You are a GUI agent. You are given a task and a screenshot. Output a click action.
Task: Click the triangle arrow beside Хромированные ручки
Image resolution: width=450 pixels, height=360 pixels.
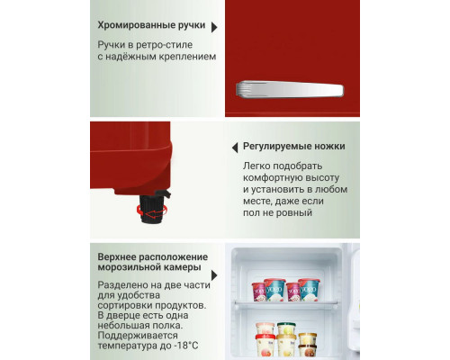tap(214, 28)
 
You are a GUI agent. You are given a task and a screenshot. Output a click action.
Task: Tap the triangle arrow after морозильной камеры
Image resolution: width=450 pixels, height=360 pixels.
tap(214, 276)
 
